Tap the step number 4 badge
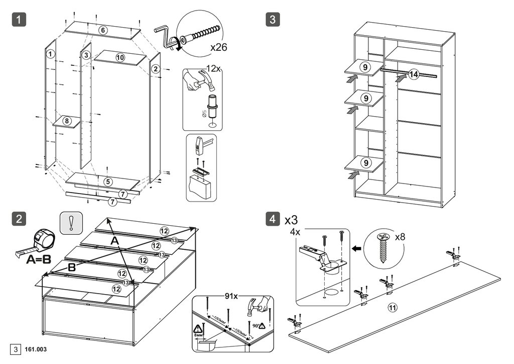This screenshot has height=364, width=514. (272, 219)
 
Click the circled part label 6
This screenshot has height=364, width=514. (102, 30)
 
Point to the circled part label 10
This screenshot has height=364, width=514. (120, 57)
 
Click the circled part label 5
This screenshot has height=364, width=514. (108, 181)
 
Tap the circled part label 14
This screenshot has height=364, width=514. (413, 74)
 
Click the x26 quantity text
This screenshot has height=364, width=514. (219, 48)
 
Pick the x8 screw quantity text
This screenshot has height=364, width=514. (400, 236)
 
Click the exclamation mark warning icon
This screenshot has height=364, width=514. (71, 223)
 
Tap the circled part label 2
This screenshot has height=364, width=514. (155, 68)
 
